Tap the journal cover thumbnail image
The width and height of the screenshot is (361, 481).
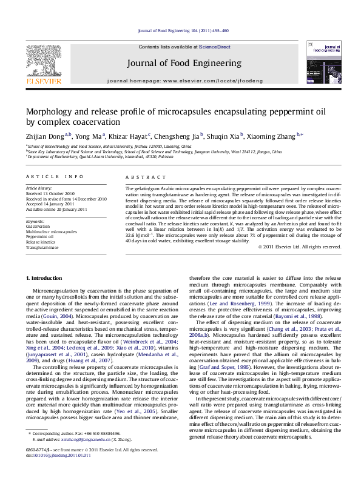pyautogui.click(x=322, y=62)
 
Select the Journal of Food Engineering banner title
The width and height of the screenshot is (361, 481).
pyautogui.click(x=184, y=63)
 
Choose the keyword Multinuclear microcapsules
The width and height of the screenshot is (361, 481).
pyautogui.click(x=52, y=231)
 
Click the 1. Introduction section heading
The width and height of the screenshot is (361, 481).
pyautogui.click(x=46, y=278)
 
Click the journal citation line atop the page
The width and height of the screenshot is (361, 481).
pyautogui.click(x=183, y=30)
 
